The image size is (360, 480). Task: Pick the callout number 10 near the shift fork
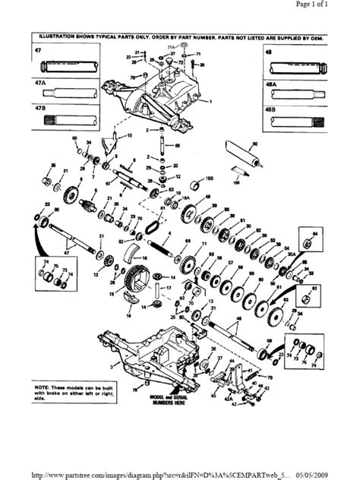(x=129, y=135)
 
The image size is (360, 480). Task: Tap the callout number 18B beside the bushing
(x=207, y=174)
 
